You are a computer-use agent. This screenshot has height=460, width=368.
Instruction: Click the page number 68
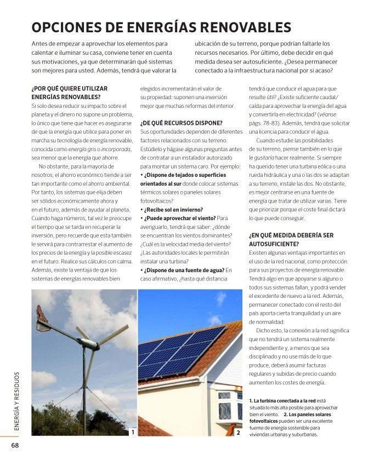(15, 445)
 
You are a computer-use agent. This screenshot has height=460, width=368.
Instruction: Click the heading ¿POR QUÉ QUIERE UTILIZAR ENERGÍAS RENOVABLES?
(69, 92)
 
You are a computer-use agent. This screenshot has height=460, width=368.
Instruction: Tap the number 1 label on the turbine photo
(132, 433)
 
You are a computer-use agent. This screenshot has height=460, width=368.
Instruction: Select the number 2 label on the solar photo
(238, 433)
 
